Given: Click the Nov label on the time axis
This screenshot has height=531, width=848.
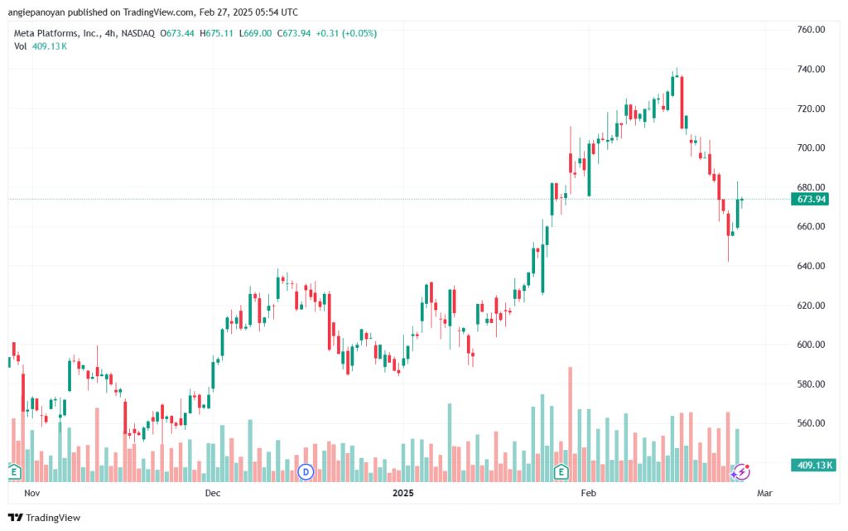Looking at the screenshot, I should point(31,493).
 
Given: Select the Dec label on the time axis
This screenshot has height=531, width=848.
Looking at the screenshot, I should point(213,493).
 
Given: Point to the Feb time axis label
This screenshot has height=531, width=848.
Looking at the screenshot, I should point(588,493).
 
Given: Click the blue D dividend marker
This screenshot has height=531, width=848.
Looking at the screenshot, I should point(305,472).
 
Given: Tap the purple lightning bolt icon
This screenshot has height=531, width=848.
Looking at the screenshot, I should point(743,472).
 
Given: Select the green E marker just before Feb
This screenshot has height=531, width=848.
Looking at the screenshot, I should point(562,472).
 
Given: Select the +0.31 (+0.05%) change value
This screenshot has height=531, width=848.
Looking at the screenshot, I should point(345,33).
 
